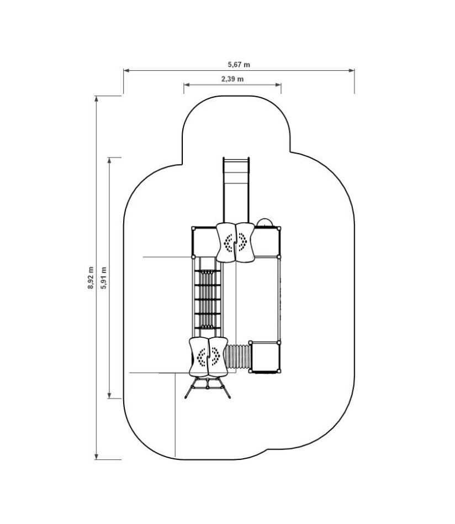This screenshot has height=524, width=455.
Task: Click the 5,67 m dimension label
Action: (x=239, y=65)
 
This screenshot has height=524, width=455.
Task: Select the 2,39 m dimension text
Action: (x=232, y=79)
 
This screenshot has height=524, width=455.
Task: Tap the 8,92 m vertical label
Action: (x=91, y=277)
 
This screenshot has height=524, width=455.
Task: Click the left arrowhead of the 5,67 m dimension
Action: (x=126, y=71)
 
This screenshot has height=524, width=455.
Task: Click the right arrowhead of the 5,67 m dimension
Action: (x=352, y=71)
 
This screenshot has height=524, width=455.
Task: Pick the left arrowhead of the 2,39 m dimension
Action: (x=187, y=85)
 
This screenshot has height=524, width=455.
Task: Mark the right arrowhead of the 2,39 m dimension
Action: (x=278, y=85)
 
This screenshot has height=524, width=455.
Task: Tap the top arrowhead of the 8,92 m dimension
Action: (x=97, y=99)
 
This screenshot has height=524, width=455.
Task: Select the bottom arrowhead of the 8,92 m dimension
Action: (x=97, y=457)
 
